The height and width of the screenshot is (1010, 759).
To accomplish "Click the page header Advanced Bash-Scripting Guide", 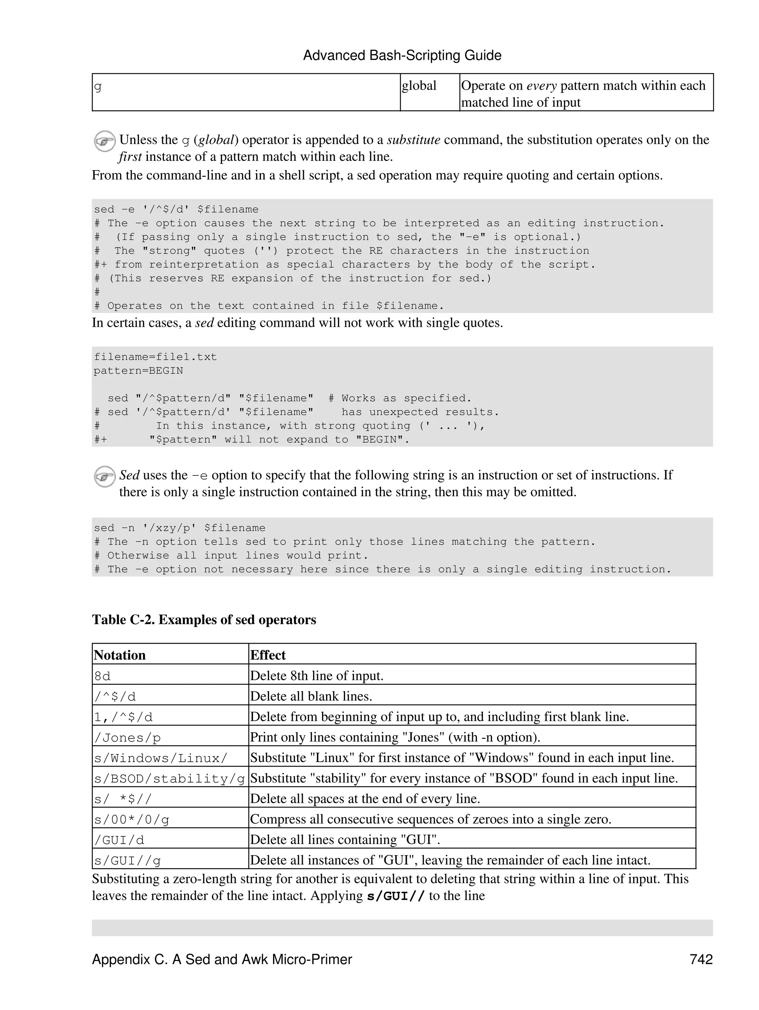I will [402, 56].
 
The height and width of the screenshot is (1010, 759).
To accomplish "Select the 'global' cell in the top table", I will [419, 86].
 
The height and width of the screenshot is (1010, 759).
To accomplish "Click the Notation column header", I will [120, 655].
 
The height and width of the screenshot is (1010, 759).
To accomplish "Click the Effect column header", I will [268, 655].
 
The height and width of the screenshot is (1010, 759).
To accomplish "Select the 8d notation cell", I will [103, 676].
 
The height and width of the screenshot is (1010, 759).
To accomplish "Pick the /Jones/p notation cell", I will [127, 737].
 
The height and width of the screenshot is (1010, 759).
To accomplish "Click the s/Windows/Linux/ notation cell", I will [161, 758].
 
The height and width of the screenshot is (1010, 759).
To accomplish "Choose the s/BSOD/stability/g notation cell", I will [169, 778].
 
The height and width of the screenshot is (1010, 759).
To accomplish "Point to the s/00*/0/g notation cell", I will [132, 820].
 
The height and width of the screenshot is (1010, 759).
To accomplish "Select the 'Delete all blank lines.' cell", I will [311, 696].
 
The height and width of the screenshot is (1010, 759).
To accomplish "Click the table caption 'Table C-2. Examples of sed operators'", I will [204, 619].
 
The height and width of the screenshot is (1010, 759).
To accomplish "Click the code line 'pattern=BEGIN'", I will [138, 371].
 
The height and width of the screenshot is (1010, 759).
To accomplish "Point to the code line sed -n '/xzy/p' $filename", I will [179, 528].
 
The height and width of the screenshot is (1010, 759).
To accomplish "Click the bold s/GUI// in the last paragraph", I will [396, 896].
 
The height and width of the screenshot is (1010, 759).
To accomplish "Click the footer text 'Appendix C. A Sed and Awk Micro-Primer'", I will [222, 959].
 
